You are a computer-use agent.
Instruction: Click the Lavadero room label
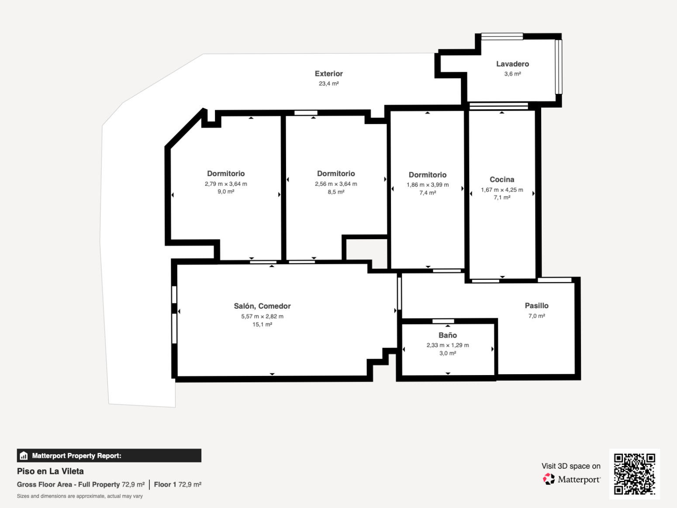[x=512, y=64]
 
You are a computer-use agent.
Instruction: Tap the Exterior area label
[x=329, y=73]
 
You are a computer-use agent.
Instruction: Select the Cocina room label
[x=502, y=179]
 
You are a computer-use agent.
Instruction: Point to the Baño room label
[x=448, y=335]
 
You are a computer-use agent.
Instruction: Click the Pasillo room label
[x=537, y=306]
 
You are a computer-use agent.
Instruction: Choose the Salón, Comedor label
[x=262, y=306]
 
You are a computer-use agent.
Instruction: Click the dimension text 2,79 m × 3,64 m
[x=226, y=184]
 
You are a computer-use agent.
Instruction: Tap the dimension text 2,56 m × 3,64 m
[x=336, y=184]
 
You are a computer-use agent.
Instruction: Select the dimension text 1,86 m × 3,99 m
[x=428, y=185]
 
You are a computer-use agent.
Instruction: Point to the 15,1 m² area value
[x=262, y=324]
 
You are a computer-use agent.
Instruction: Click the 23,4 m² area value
[x=329, y=84]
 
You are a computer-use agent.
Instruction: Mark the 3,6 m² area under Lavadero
[x=513, y=74]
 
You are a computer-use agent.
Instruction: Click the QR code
[x=635, y=474]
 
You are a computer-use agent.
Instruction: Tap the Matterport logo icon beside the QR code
[x=549, y=479]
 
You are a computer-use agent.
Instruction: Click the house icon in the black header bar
[x=24, y=456]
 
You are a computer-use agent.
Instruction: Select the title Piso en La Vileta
[x=50, y=471]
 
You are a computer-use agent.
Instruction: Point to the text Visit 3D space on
[x=571, y=466]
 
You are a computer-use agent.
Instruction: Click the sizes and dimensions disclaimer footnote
[x=79, y=496]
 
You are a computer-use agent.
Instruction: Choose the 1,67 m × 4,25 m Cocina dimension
[x=502, y=190]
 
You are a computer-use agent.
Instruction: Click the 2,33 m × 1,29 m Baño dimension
[x=448, y=345]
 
